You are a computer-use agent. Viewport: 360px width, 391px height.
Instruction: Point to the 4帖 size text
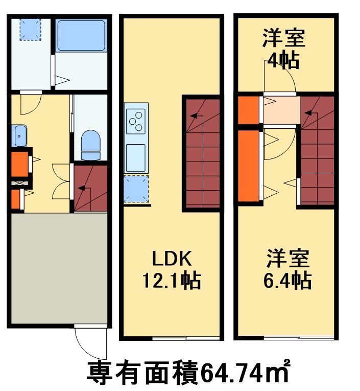pos(284,60)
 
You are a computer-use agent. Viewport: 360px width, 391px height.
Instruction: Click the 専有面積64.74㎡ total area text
pos(189,372)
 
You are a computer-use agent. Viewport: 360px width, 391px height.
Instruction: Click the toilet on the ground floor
pos(91,145)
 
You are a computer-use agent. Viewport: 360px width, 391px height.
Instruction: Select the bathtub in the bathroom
pos(81,35)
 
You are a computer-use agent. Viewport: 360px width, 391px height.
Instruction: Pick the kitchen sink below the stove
pos(136,157)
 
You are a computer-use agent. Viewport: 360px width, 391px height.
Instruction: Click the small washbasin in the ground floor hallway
pos(19,136)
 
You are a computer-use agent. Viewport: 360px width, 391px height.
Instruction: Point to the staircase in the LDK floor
pos(202,153)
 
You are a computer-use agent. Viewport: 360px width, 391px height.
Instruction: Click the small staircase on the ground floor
pos(90,188)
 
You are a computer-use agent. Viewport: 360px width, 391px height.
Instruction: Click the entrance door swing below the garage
pos(91,342)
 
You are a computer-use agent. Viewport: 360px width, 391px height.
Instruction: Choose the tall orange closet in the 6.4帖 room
pos(248,166)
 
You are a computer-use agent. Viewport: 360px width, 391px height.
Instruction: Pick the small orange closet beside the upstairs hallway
pos(248,109)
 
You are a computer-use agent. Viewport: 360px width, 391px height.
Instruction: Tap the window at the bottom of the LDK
pos(186,338)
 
